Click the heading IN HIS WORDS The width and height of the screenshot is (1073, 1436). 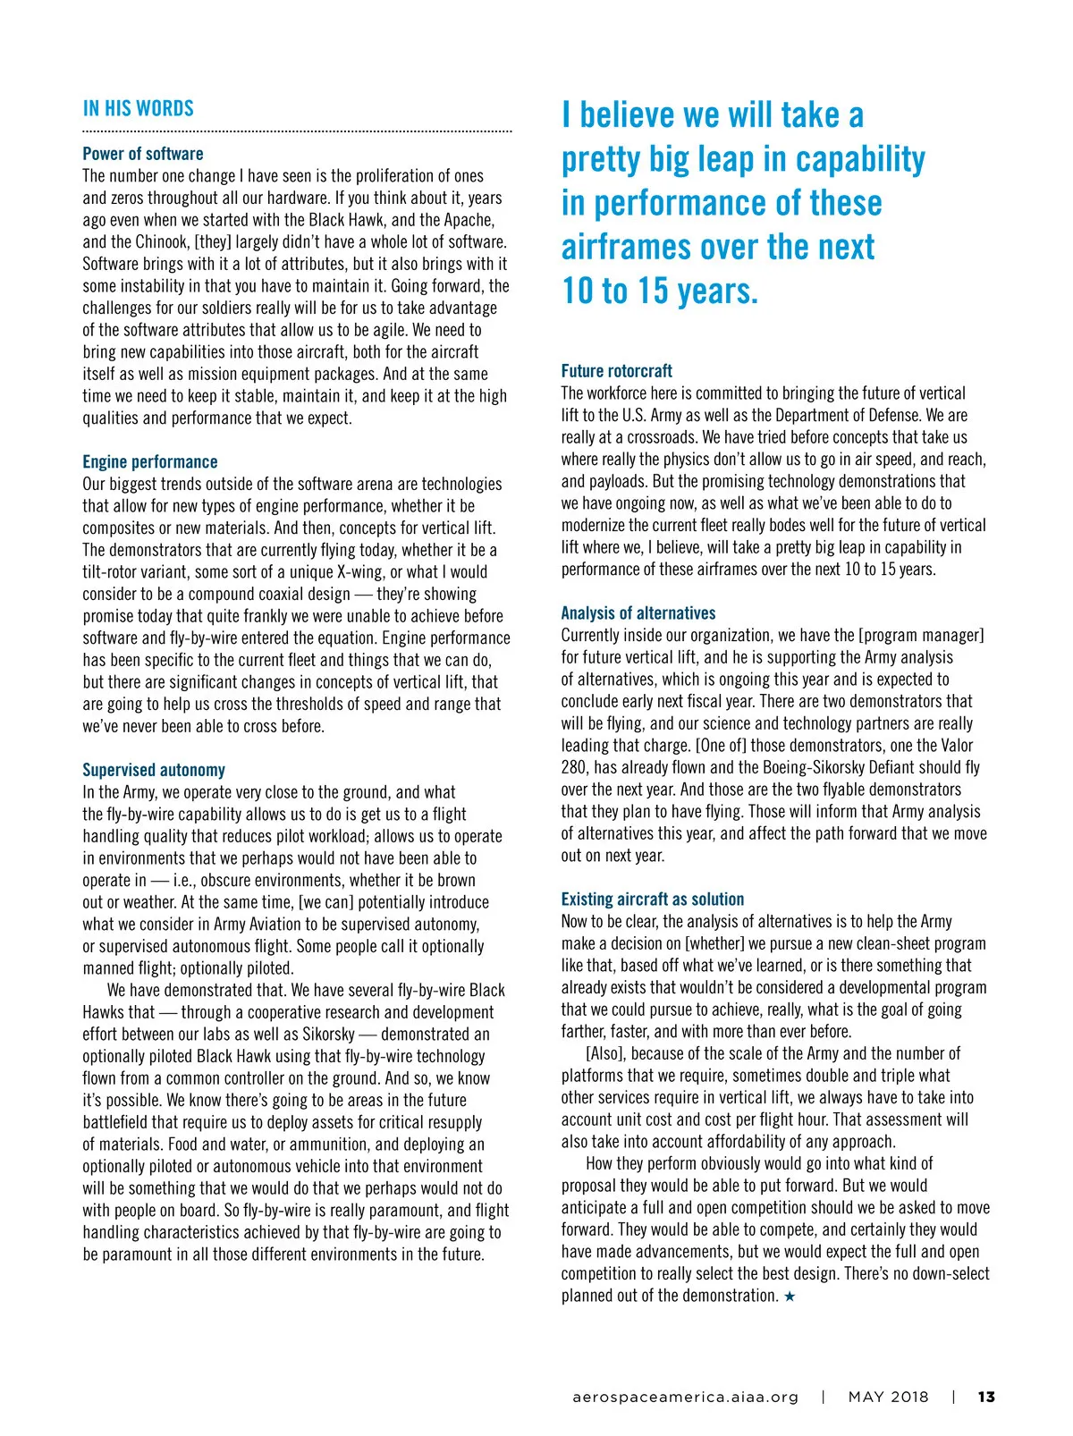click(x=139, y=109)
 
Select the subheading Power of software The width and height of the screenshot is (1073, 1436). click(x=143, y=154)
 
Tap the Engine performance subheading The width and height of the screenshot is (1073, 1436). click(x=150, y=462)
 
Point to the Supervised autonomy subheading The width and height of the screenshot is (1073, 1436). click(x=154, y=770)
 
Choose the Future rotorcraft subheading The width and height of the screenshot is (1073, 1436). click(x=617, y=371)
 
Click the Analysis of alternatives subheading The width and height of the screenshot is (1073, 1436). click(x=638, y=613)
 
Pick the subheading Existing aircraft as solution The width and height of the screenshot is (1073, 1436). click(x=653, y=900)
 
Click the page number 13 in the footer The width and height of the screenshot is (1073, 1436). click(x=986, y=1397)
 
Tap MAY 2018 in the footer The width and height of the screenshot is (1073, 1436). click(x=888, y=1397)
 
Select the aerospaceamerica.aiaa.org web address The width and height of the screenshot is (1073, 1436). click(x=686, y=1397)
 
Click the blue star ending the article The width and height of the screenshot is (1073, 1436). click(x=790, y=1297)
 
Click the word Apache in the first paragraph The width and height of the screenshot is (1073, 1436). click(x=468, y=220)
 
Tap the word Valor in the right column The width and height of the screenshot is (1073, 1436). click(x=952, y=746)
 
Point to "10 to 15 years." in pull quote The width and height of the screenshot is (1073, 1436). click(x=660, y=291)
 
